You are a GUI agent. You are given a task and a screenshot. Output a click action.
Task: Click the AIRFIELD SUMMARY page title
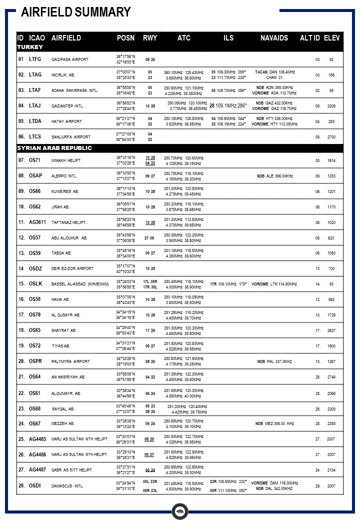76,12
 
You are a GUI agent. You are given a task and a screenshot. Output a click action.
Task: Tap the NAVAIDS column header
274,38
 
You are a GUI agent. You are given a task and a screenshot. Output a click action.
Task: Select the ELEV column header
332,38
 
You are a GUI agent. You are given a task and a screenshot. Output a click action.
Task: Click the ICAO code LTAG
35,74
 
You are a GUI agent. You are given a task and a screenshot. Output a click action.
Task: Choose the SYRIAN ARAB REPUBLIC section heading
54,148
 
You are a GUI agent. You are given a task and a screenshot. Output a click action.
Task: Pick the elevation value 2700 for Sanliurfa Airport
331,136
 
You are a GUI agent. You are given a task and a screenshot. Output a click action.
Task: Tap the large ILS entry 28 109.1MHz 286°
228,106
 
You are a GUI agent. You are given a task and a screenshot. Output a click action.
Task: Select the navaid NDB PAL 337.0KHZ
274,361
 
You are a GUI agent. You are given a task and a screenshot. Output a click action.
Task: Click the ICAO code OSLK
35,283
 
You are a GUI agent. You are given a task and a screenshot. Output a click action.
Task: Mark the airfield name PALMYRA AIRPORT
70,361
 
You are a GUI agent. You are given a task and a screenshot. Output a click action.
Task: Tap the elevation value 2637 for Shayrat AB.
331,330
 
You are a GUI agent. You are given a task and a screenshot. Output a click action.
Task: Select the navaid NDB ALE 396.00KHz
274,176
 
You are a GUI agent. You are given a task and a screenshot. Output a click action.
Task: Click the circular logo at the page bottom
179,511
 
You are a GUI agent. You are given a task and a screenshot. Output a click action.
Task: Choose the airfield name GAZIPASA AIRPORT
70,59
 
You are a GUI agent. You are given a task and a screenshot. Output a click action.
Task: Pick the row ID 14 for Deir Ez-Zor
21,268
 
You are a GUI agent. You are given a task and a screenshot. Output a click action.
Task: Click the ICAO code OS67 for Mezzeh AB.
35,423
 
